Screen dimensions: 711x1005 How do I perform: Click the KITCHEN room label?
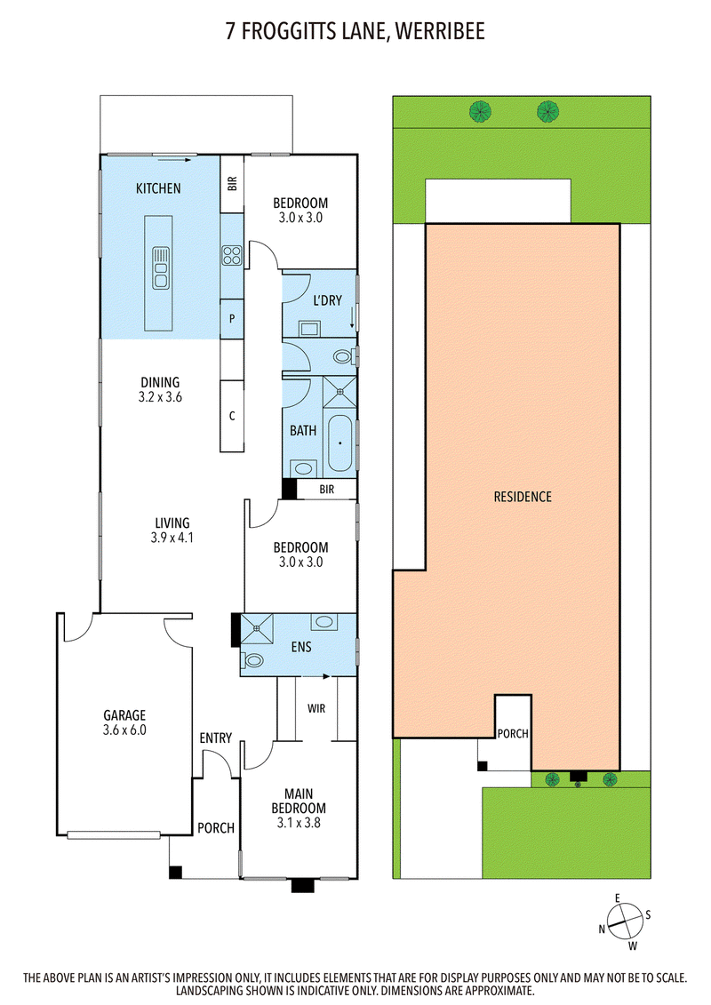pos(157,188)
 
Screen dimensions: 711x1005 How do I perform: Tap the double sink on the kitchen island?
pos(160,267)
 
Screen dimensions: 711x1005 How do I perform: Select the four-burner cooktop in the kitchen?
pos(231,256)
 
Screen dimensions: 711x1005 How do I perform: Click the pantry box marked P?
pos(232,318)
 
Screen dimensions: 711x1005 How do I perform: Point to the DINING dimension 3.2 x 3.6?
pos(160,397)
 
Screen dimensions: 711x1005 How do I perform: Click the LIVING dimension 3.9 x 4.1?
pos(172,538)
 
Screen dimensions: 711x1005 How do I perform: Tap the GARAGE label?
pos(125,715)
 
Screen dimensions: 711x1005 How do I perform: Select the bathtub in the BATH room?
pos(340,443)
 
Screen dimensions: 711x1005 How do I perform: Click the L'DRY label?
pos(327,300)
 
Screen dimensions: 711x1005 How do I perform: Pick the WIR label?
pos(316,708)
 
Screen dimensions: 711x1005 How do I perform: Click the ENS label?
pos(301,647)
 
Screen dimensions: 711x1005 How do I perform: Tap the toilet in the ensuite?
pos(252,659)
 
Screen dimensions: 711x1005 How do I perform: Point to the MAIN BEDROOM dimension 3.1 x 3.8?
pos(299,822)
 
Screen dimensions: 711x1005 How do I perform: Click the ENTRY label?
pos(215,738)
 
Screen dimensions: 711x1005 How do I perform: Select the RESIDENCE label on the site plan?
pos(523,497)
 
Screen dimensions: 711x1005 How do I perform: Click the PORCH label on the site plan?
pos(513,734)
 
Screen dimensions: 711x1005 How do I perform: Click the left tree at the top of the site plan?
pos(480,112)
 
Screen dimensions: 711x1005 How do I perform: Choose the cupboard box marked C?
pos(232,416)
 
